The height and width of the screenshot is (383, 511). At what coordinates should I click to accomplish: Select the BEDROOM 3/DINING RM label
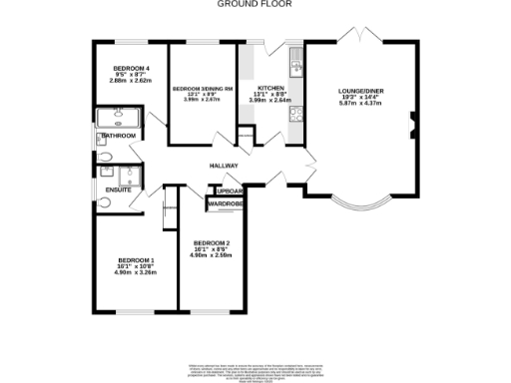(x=203, y=89)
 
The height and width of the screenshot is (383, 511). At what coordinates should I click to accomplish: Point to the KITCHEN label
(x=271, y=89)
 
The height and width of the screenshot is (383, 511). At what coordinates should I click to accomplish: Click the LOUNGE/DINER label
(x=361, y=90)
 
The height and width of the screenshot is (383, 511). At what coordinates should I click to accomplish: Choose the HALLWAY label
(x=224, y=166)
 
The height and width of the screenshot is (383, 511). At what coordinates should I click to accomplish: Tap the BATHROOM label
(x=118, y=135)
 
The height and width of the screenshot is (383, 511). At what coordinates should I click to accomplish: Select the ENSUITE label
(x=118, y=189)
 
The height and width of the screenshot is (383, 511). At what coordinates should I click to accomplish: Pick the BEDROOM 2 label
(x=212, y=243)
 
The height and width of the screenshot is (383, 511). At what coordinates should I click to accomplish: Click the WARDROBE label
(x=226, y=204)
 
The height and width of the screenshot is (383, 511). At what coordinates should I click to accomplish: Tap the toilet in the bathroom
(x=106, y=156)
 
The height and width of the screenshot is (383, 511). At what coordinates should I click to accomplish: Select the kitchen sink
(x=296, y=67)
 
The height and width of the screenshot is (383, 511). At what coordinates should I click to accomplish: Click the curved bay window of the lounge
(x=360, y=207)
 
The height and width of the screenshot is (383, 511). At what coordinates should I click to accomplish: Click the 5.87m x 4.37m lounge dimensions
(x=361, y=104)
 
